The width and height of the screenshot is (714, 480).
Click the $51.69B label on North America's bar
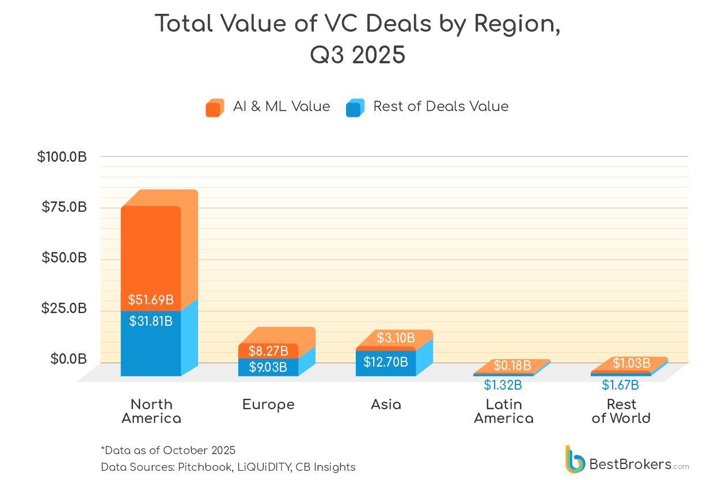click(x=150, y=300)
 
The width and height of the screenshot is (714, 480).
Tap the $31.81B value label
click(x=150, y=321)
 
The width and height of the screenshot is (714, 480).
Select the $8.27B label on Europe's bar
click(x=268, y=351)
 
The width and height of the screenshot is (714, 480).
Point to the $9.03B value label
click(x=268, y=367)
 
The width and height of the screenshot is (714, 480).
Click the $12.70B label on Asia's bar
click(x=386, y=362)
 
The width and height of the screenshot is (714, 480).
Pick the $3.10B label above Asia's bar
click(x=396, y=338)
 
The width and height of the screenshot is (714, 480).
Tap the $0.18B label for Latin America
click(x=512, y=365)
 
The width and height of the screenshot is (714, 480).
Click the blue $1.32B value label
click(x=503, y=384)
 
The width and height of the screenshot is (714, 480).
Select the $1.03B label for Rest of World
click(x=631, y=363)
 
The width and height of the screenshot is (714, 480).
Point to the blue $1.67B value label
click(x=620, y=385)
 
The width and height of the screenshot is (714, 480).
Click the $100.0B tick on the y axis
click(x=62, y=157)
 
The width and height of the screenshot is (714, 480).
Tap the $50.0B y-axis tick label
click(x=64, y=258)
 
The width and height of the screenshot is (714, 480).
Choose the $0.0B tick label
click(x=69, y=359)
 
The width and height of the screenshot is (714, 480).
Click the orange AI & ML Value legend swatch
click(x=214, y=108)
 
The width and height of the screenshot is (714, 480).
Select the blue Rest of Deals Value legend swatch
click(x=355, y=108)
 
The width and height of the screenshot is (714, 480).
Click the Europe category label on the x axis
click(x=268, y=405)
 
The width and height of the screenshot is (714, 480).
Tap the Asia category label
click(x=386, y=405)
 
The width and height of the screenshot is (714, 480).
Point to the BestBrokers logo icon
click(x=575, y=460)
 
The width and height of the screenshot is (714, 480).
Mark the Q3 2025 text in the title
click(x=357, y=56)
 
